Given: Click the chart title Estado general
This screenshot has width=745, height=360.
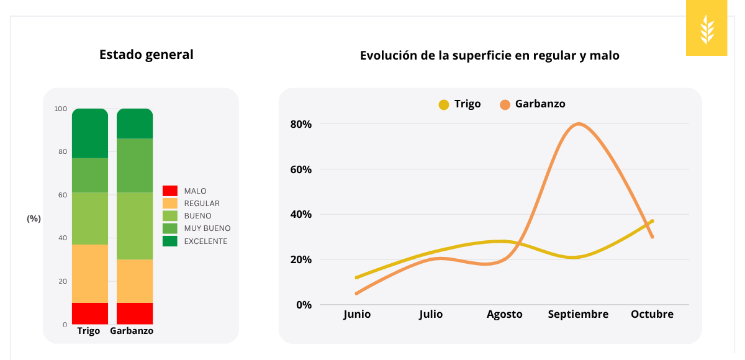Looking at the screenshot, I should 146,55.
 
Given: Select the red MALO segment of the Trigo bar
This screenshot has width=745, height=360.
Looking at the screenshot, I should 90,313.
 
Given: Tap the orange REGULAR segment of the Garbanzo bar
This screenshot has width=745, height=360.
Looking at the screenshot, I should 135,281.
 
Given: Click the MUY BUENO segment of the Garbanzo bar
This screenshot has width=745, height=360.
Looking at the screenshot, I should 135,165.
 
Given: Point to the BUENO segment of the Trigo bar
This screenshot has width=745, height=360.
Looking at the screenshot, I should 90,218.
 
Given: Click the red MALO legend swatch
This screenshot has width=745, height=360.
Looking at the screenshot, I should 170,191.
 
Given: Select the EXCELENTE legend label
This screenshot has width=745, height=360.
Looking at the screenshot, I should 205,241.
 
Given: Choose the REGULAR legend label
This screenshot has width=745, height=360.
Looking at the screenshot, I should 202,204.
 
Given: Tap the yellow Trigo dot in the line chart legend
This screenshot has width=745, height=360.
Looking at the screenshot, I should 443,105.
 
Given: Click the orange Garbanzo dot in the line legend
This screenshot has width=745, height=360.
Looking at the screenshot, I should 505,105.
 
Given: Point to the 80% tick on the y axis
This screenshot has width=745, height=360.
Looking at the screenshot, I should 300,124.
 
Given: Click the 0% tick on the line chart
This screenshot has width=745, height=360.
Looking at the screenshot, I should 303,305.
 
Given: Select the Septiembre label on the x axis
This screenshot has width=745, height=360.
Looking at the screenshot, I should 578,315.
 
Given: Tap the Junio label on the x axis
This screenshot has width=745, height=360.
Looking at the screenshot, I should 356,315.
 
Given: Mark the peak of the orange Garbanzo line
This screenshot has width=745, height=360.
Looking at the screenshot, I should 579,124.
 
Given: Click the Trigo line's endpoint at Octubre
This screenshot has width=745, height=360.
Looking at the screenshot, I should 652,221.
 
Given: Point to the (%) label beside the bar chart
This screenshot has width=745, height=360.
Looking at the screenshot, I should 34,218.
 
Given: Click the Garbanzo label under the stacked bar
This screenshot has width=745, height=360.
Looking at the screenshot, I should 132,331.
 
